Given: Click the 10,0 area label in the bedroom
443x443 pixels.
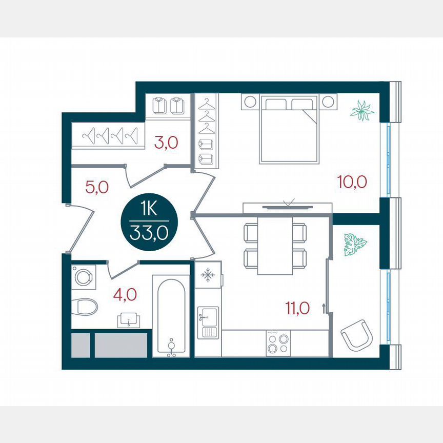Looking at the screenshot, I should click(352, 182).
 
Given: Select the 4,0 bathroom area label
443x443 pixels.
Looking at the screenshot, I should click(125, 296).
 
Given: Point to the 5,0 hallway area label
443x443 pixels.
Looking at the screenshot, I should click(96, 187).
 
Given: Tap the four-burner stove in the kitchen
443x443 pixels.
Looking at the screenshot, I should click(278, 343).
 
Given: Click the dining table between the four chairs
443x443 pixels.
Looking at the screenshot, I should click(275, 245).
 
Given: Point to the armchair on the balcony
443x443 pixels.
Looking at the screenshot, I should click(355, 334).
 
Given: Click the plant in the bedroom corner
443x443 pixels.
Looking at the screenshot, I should click(362, 111).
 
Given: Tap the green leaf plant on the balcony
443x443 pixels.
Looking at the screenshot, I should click(355, 244).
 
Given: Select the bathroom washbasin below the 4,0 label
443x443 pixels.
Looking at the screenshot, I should click(129, 320).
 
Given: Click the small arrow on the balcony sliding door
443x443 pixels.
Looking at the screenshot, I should click(324, 308).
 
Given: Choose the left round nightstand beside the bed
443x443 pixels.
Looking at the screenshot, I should click(250, 102).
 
